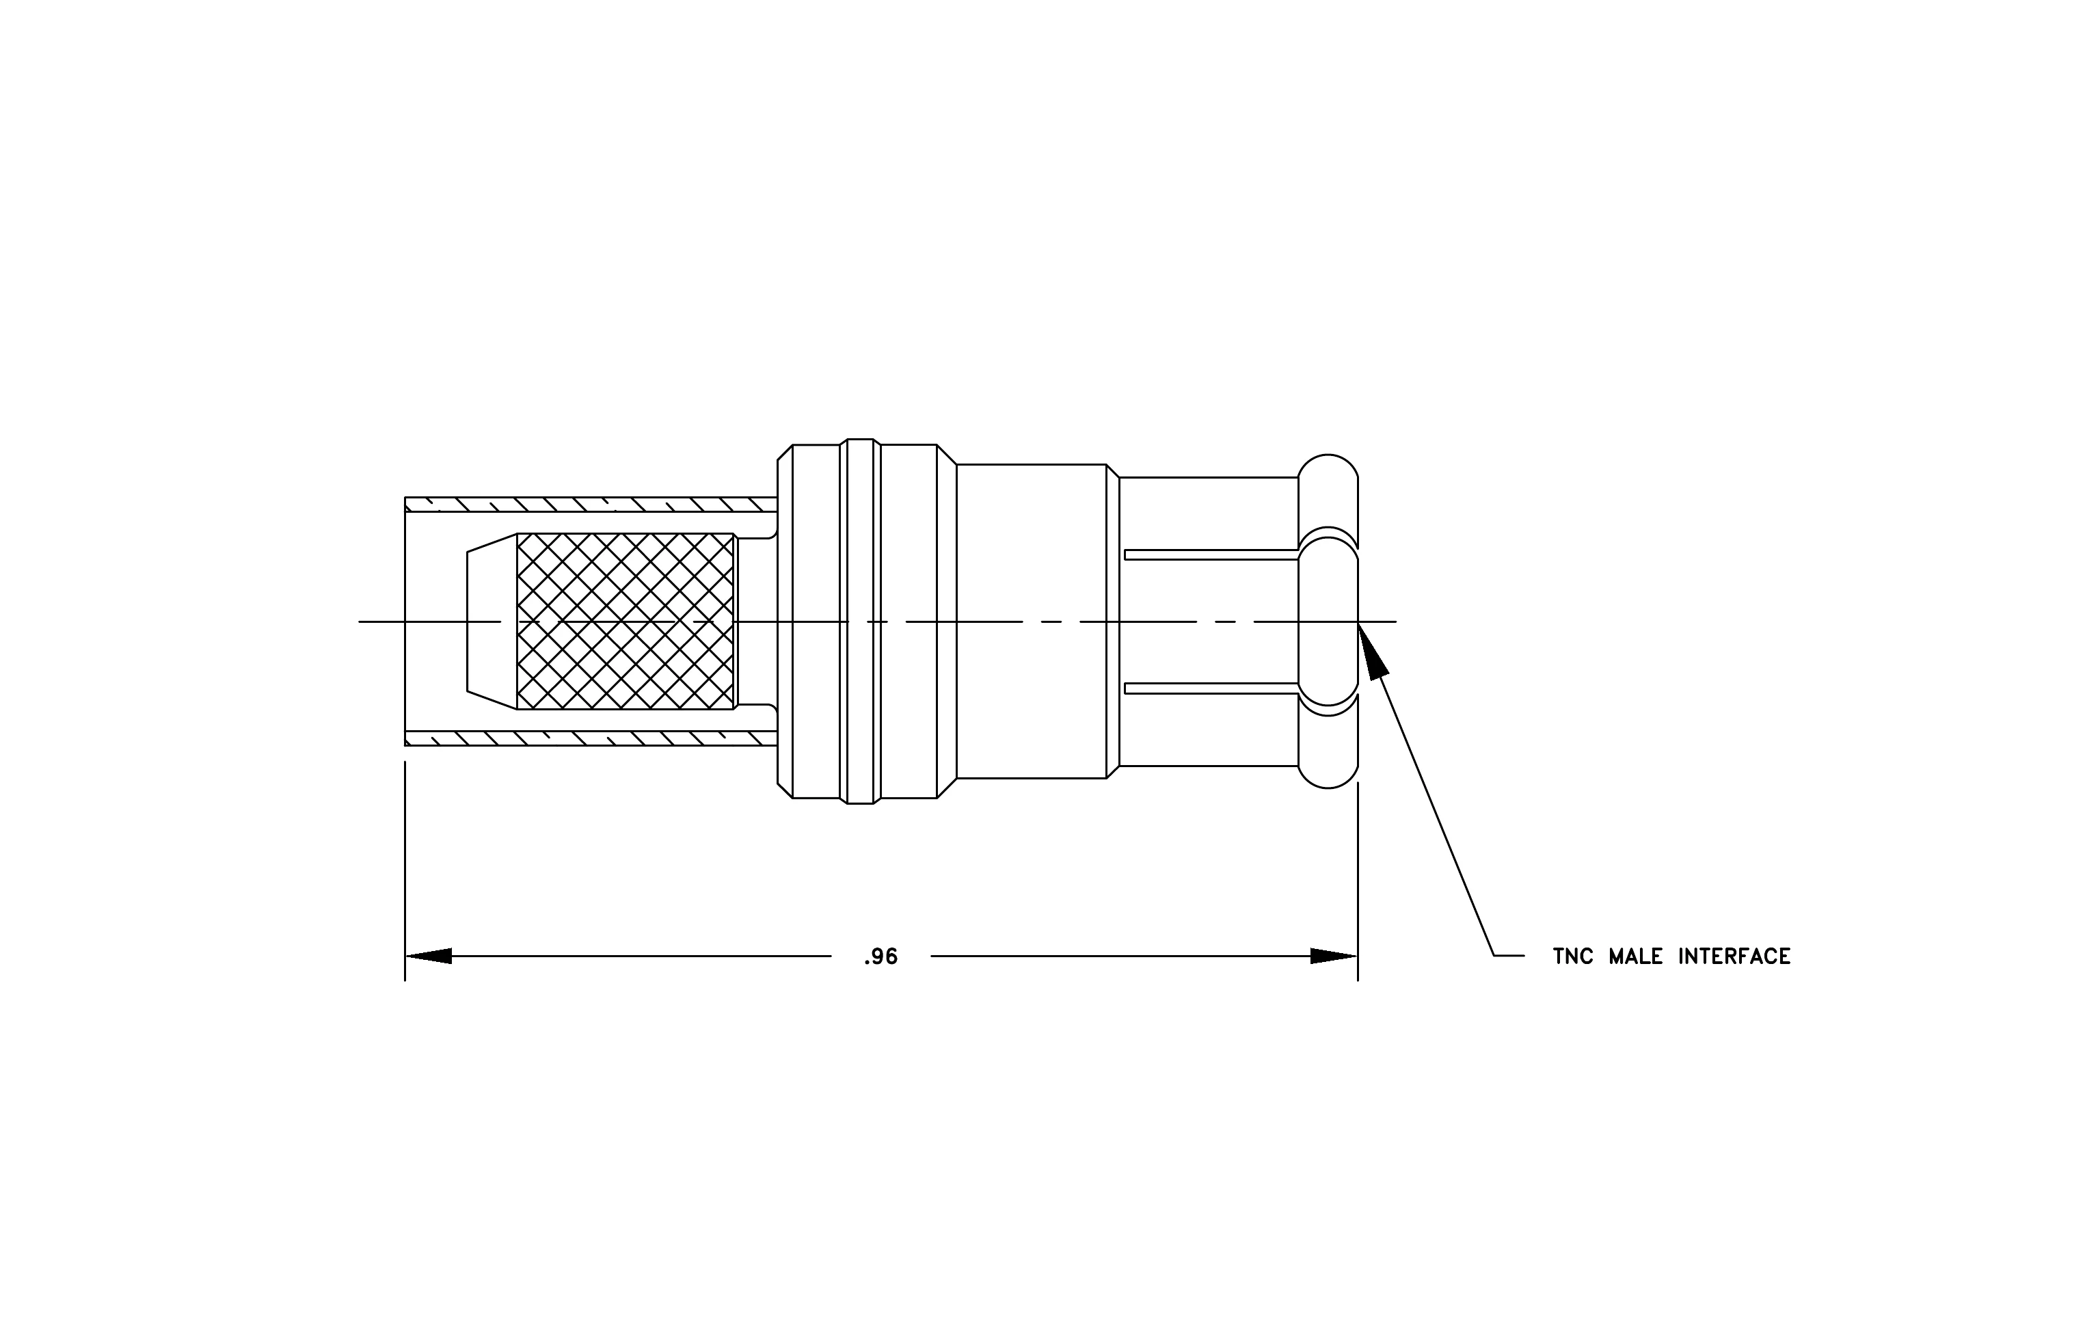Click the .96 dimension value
pyautogui.click(x=881, y=957)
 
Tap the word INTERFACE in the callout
pyautogui.click(x=1734, y=956)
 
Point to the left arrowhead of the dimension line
pyautogui.click(x=429, y=956)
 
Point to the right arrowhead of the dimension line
pyautogui.click(x=1334, y=956)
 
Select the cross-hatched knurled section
pyautogui.click(x=626, y=621)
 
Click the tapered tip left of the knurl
pyautogui.click(x=492, y=621)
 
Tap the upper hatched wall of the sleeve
pyautogui.click(x=591, y=505)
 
